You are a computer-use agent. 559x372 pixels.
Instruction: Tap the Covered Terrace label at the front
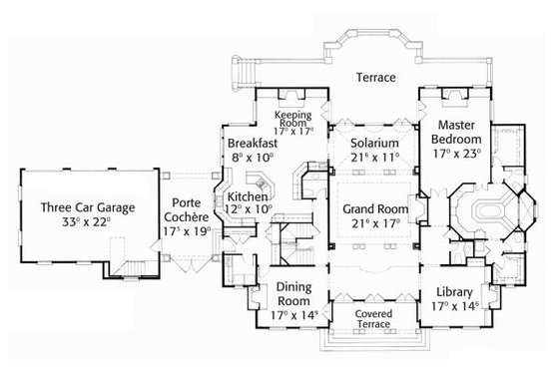(x=372, y=318)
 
